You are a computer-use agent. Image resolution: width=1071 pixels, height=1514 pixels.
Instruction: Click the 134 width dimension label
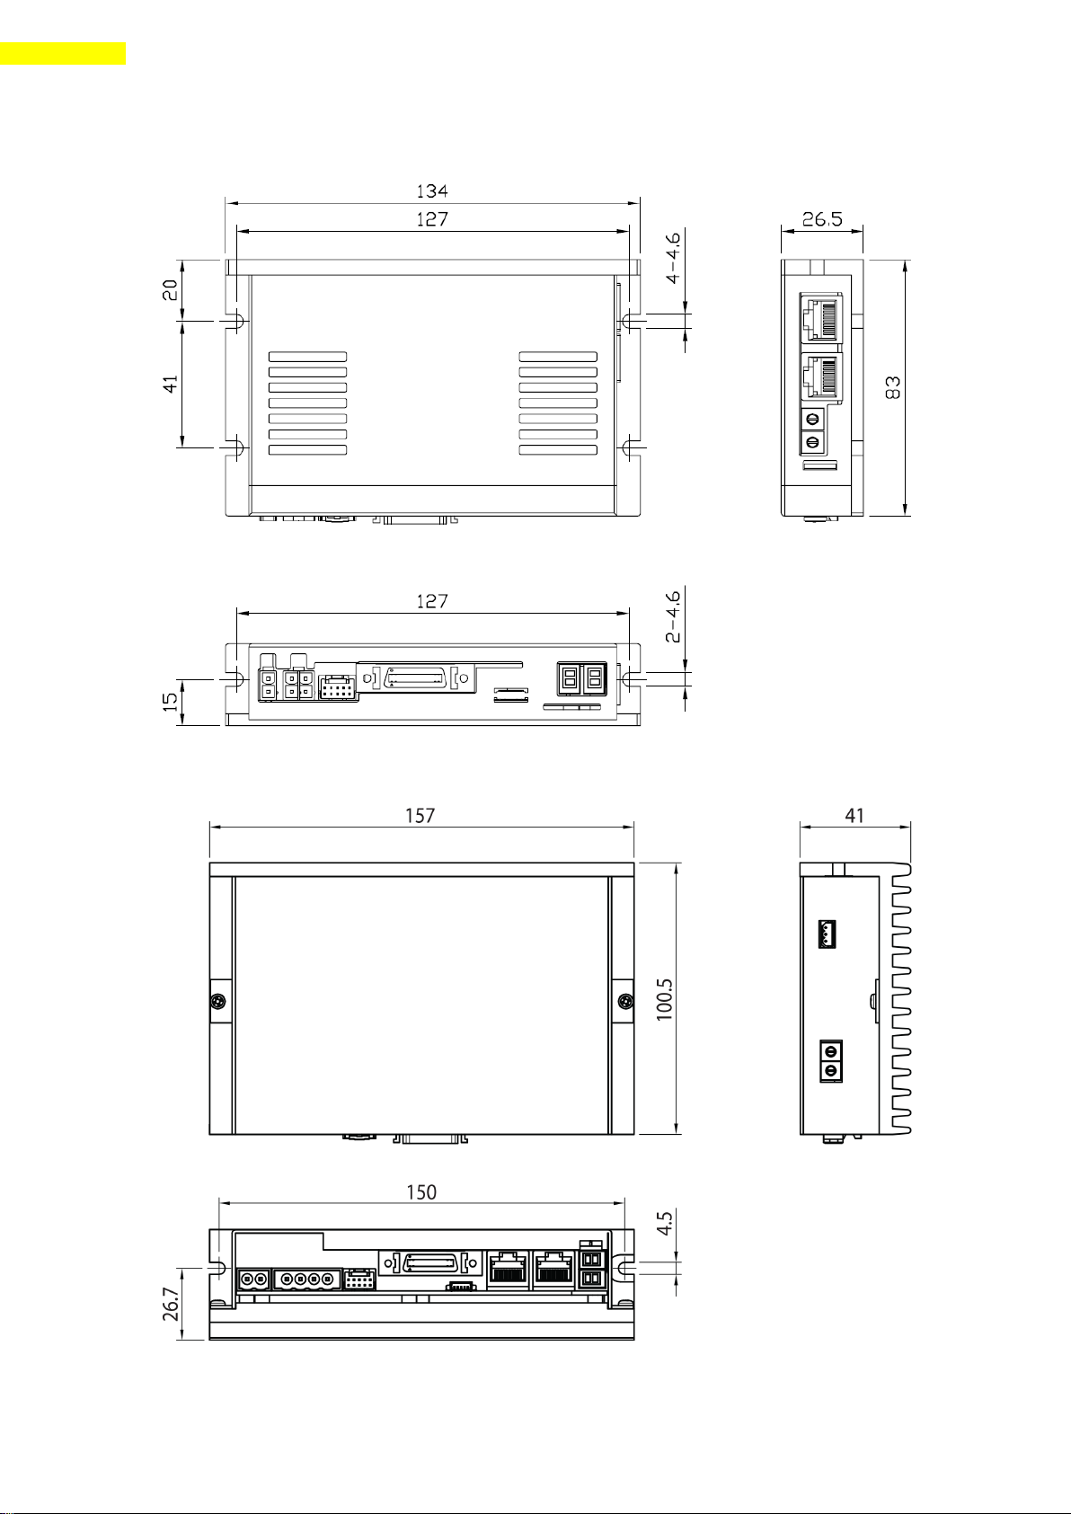[432, 191]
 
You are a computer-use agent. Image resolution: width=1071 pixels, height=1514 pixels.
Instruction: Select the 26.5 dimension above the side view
[822, 219]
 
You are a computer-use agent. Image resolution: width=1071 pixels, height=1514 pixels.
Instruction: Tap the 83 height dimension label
[892, 388]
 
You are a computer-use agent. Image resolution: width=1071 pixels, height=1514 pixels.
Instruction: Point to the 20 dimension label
[172, 290]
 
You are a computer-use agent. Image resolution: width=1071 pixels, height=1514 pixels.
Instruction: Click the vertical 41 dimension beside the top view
[172, 384]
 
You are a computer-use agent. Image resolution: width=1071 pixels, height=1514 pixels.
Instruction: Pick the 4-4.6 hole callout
[673, 258]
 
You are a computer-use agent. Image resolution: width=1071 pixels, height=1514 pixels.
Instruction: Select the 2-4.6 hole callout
[673, 615]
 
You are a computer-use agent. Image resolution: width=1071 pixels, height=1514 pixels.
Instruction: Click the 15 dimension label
[172, 701]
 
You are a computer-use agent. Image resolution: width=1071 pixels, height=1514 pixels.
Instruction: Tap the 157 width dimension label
[420, 816]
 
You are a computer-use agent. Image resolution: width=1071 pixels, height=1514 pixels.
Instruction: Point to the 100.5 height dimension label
[664, 998]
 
